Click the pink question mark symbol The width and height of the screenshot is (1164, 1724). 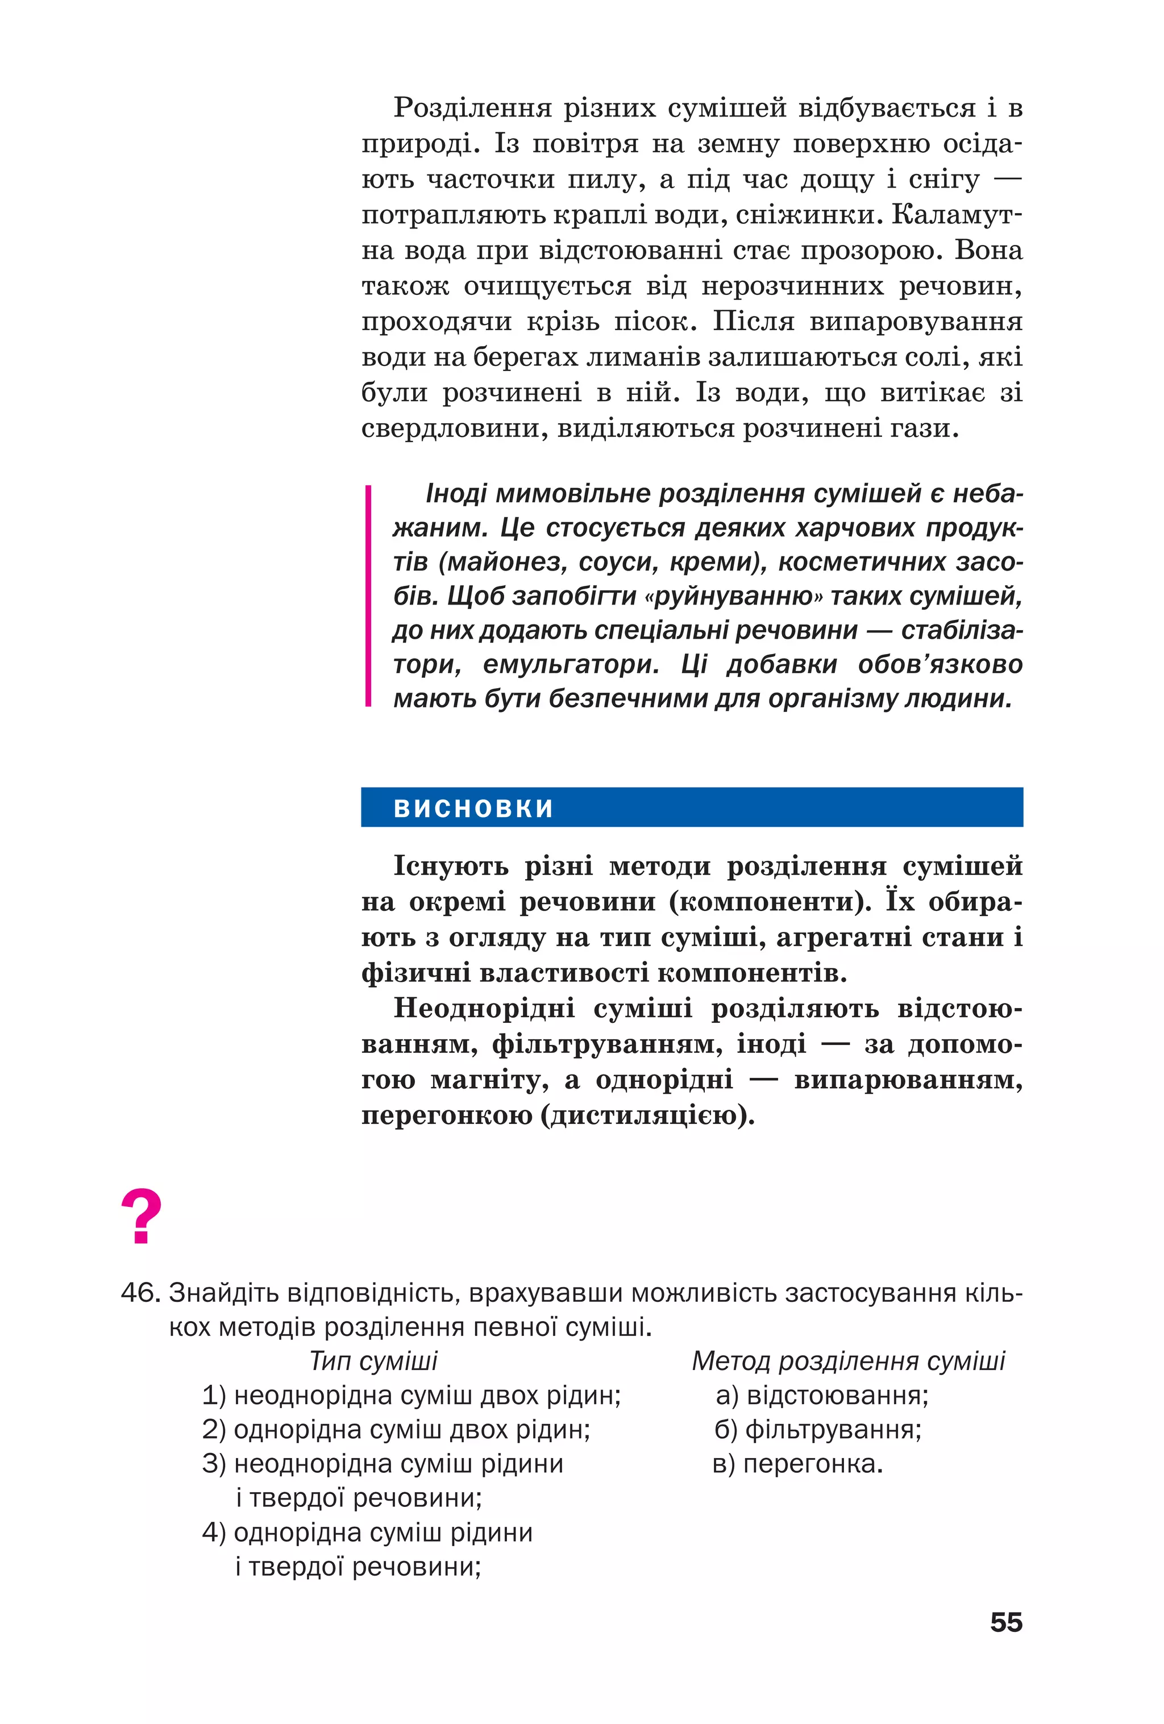pyautogui.click(x=141, y=1216)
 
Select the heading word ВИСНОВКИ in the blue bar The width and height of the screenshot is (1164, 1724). pyautogui.click(x=473, y=808)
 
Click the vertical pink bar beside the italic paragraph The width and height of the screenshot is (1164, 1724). pyautogui.click(x=368, y=595)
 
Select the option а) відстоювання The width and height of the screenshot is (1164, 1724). pyautogui.click(x=822, y=1396)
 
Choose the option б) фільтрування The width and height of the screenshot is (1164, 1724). pyautogui.click(x=817, y=1430)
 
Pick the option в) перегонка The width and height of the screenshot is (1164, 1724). pyautogui.click(x=797, y=1464)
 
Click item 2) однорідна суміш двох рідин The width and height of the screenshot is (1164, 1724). pyautogui.click(x=396, y=1430)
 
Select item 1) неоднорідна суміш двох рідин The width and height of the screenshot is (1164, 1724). pyautogui.click(x=411, y=1396)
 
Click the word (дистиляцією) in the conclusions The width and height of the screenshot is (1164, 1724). pyautogui.click(x=648, y=1115)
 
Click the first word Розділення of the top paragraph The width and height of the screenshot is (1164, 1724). pyautogui.click(x=472, y=109)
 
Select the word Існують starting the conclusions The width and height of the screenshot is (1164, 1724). pyautogui.click(x=450, y=866)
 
